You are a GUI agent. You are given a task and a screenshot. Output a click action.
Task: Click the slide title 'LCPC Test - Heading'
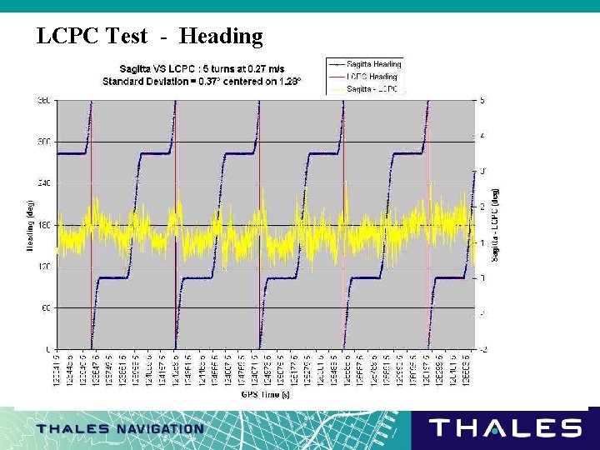[x=150, y=36]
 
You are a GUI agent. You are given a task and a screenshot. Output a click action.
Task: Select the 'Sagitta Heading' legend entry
[x=373, y=64]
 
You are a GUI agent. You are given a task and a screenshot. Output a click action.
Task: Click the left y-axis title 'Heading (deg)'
[x=30, y=225]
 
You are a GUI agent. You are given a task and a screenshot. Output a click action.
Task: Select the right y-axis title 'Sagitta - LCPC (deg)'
[x=495, y=225]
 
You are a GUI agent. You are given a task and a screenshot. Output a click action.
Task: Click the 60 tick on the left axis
[x=44, y=307]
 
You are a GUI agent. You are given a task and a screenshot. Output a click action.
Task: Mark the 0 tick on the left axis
[x=47, y=349]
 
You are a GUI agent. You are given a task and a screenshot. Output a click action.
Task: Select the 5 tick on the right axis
[x=482, y=101]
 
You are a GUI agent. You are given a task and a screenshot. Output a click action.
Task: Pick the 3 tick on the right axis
[x=482, y=172]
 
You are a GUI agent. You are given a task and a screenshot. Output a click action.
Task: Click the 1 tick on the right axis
[x=482, y=242]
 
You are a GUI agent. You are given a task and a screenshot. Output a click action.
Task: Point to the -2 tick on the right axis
[x=481, y=349]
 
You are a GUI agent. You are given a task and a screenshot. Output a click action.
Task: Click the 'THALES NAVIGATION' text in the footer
[x=120, y=429]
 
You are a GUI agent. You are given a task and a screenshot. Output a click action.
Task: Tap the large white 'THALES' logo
[x=505, y=428]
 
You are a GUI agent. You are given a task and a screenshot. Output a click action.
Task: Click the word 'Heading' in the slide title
[x=221, y=36]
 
